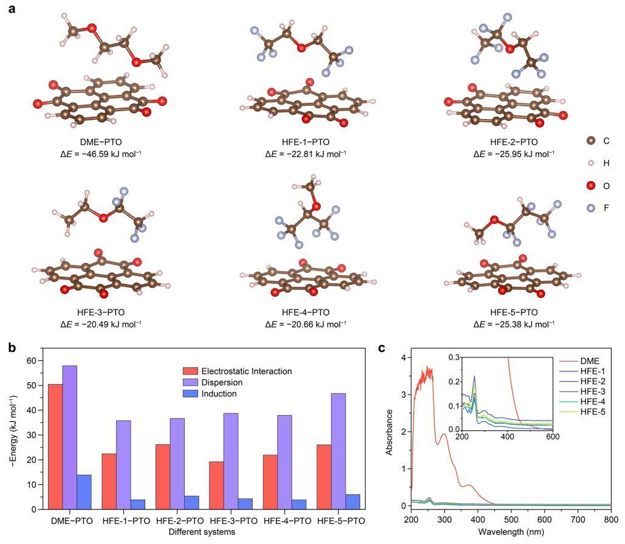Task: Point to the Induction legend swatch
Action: click(x=190, y=394)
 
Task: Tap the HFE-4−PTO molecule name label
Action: click(x=306, y=312)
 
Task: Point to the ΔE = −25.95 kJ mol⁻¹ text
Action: click(x=514, y=154)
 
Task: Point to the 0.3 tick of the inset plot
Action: click(x=452, y=357)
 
